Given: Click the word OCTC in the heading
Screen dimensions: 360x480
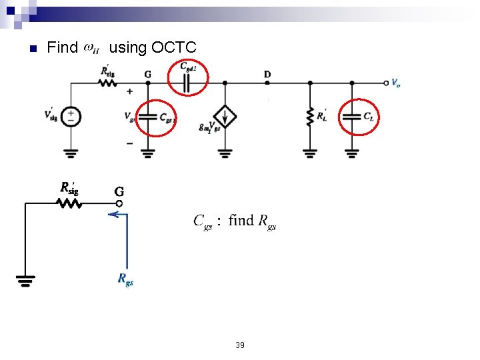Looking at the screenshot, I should (173, 48).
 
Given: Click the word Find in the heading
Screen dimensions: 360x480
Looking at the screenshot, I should (63, 48).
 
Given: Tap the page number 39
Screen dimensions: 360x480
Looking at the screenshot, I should (240, 345).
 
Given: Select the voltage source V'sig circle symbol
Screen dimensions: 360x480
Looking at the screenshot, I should (71, 117).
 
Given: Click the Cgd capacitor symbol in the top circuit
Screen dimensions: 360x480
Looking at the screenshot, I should (187, 83).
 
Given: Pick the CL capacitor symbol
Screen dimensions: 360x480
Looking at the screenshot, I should (352, 116).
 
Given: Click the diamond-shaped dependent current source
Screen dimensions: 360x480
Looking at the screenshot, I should (225, 117).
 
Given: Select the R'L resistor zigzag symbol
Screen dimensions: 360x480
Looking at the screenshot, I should (309, 117).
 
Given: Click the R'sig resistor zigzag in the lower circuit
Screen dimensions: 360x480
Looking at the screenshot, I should (70, 203).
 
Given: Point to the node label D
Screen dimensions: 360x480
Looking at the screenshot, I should (267, 74).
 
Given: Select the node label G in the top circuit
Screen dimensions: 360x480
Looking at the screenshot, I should (147, 74).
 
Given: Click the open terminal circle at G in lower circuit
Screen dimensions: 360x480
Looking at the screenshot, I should (119, 203).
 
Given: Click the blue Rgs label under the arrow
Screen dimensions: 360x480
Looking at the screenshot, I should (125, 280).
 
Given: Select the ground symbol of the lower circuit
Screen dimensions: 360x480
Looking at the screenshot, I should (25, 281).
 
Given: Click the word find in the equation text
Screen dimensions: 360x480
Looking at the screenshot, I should (241, 221).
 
